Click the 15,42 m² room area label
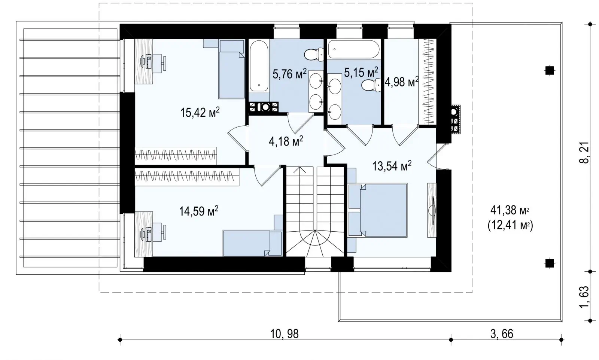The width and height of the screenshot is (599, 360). [x=200, y=113]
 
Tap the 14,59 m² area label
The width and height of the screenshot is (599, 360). [x=199, y=211]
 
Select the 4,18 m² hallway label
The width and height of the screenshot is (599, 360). [x=286, y=141]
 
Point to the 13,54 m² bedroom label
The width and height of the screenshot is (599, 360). [x=392, y=166]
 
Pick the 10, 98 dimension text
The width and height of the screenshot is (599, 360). [x=284, y=334]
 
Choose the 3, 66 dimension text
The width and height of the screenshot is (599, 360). [x=502, y=334]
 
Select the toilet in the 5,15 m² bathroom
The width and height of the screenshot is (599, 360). [x=371, y=85]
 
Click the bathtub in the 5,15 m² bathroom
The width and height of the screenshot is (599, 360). [x=353, y=49]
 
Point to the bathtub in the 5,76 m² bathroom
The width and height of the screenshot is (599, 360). [x=259, y=66]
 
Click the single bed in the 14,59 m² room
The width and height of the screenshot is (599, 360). [x=252, y=243]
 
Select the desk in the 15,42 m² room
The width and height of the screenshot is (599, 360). [x=144, y=61]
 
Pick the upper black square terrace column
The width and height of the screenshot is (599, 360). [x=550, y=71]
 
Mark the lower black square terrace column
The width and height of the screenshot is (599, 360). [x=550, y=263]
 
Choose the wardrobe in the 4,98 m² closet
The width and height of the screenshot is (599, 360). [x=427, y=82]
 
